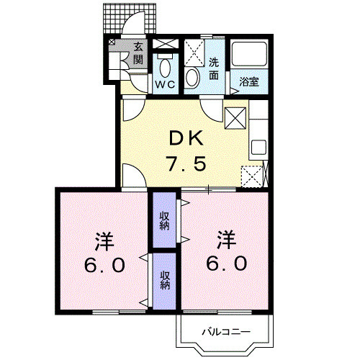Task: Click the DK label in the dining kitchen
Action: [x=188, y=138]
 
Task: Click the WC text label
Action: [x=166, y=84]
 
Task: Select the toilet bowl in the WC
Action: [x=166, y=69]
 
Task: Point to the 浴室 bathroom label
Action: [x=249, y=82]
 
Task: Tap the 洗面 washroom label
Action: [x=214, y=68]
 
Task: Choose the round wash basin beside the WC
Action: [x=192, y=77]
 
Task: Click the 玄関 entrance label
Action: [x=138, y=54]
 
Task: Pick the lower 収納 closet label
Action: [x=164, y=279]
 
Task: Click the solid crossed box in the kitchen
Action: [x=236, y=117]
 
